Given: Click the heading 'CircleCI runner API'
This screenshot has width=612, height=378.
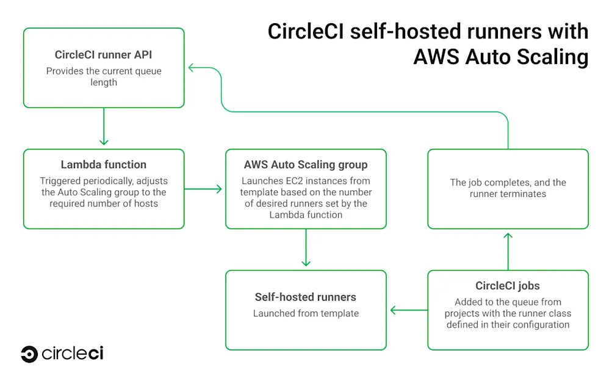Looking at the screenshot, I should (103, 55).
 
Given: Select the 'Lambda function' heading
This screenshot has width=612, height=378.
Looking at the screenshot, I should (103, 165).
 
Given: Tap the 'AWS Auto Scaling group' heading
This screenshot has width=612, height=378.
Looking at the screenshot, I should (306, 165).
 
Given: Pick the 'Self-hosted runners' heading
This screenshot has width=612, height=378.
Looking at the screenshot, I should (306, 298).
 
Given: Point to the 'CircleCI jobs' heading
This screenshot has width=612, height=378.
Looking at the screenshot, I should (508, 286).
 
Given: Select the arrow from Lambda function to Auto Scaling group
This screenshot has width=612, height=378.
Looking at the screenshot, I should (204, 189).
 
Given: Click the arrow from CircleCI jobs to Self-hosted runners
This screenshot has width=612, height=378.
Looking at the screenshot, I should (408, 310).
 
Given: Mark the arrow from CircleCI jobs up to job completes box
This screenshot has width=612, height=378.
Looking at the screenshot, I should (508, 250).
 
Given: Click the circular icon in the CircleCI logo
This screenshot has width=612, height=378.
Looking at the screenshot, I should (29, 354).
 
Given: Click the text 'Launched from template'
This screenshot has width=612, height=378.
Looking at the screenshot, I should (306, 313).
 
